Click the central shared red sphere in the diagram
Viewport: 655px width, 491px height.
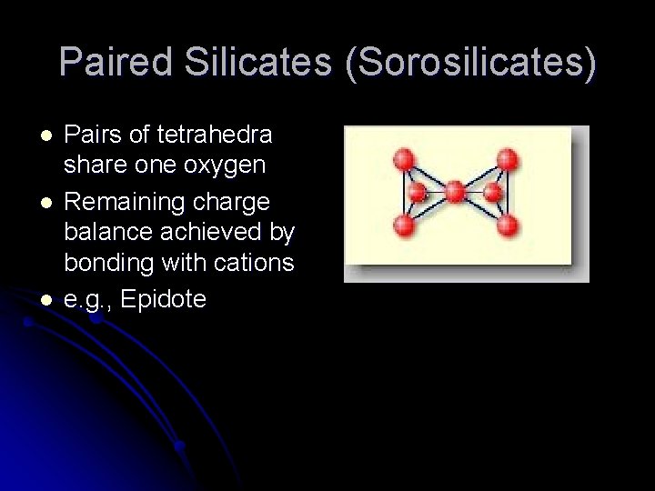click(454, 192)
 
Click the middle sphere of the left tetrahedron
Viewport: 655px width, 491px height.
click(418, 193)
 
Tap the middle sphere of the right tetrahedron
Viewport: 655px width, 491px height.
click(492, 193)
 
